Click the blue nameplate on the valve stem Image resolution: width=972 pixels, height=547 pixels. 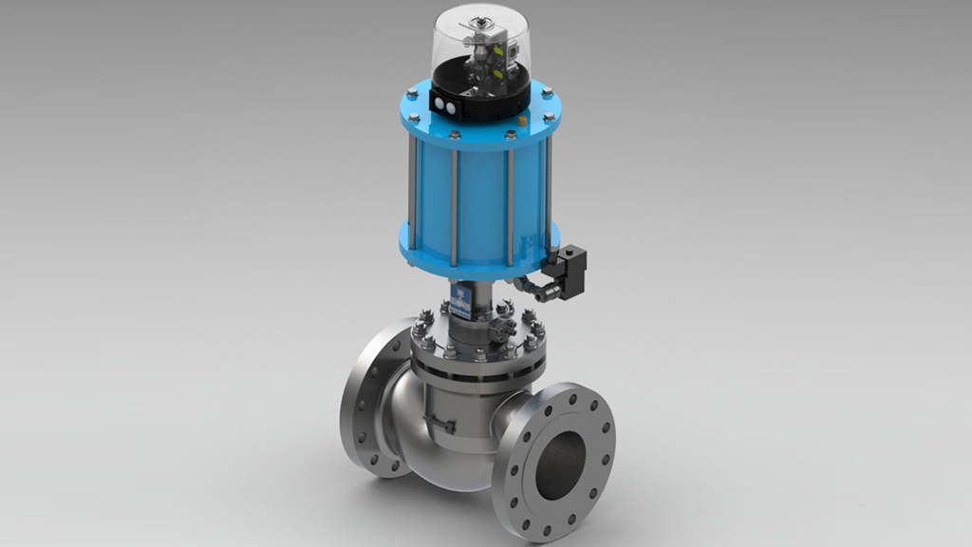coord(460,301)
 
